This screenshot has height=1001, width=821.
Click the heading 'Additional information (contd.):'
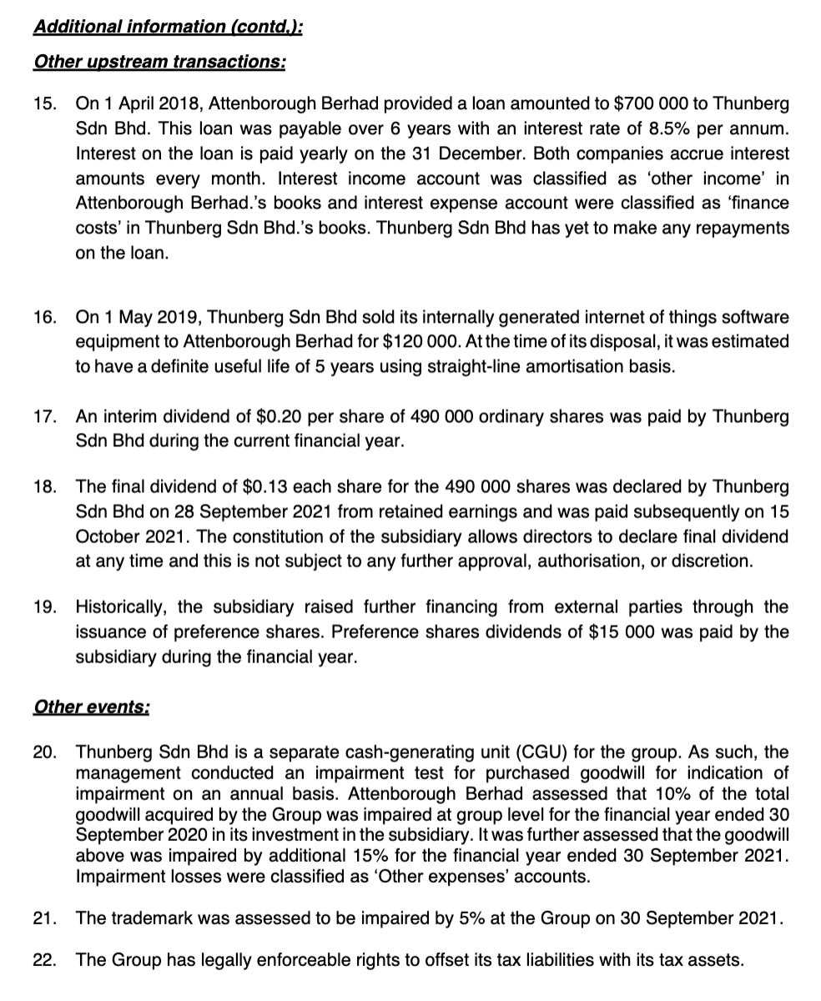click(168, 27)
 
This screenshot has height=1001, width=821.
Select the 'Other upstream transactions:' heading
click(159, 63)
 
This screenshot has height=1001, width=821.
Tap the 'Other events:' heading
click(92, 707)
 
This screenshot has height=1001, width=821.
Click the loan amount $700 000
click(648, 106)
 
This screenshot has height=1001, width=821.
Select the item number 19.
click(45, 607)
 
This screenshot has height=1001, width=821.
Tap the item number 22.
click(45, 959)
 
